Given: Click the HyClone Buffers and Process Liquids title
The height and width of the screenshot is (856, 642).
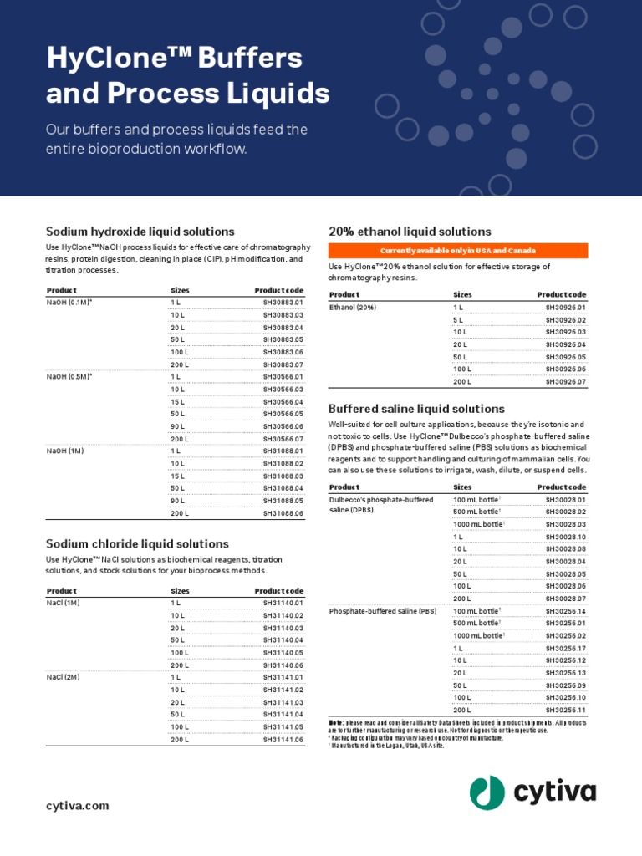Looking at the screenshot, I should click(187, 75).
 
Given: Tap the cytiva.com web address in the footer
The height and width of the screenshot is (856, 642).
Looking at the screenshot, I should click(77, 806).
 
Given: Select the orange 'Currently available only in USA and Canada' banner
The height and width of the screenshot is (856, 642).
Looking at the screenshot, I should click(458, 251).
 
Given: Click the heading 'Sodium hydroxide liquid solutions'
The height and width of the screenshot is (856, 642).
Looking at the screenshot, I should click(140, 232).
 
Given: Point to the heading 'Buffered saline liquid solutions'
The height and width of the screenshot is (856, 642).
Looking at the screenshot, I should click(416, 409).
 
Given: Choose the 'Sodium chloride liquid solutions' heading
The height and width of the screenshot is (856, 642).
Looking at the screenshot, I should click(137, 543).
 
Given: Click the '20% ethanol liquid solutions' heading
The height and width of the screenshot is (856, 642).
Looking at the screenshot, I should click(410, 232).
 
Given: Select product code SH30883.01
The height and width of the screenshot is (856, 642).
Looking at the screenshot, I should click(283, 302).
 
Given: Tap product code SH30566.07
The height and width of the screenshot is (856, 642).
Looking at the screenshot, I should click(283, 439).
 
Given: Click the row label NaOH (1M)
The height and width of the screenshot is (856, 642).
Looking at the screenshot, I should click(65, 451).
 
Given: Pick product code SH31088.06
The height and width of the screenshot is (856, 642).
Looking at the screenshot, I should click(283, 513).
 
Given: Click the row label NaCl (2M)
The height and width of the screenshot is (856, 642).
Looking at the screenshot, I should click(63, 677).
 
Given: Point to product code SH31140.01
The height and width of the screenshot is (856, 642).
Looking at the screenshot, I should click(283, 603).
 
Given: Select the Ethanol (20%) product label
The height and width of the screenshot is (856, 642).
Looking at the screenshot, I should click(353, 308).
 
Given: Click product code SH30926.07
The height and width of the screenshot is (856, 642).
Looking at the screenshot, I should click(566, 382).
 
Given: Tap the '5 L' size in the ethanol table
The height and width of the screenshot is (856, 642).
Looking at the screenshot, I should click(458, 320).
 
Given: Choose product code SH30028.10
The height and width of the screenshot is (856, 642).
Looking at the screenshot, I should click(566, 537).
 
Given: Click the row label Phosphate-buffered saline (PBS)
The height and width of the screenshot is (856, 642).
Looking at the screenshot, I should click(383, 611).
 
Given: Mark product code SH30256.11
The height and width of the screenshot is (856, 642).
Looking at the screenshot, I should click(566, 710).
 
